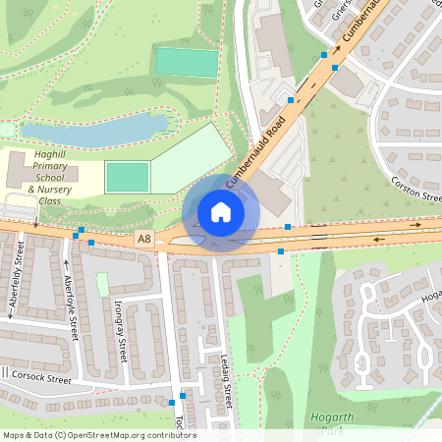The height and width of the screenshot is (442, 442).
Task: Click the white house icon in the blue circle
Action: (x=221, y=212)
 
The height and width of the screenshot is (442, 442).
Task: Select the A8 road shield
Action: (x=144, y=239)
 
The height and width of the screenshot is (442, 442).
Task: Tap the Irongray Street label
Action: (x=120, y=330)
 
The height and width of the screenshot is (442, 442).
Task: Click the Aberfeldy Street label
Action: (x=14, y=280)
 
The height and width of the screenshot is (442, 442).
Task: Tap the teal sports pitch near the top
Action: (x=187, y=63)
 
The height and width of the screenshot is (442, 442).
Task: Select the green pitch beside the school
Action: (x=127, y=178)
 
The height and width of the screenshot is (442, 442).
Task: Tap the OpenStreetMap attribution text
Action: (x=98, y=435)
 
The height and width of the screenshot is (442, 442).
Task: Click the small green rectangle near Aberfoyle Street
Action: (x=102, y=285)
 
